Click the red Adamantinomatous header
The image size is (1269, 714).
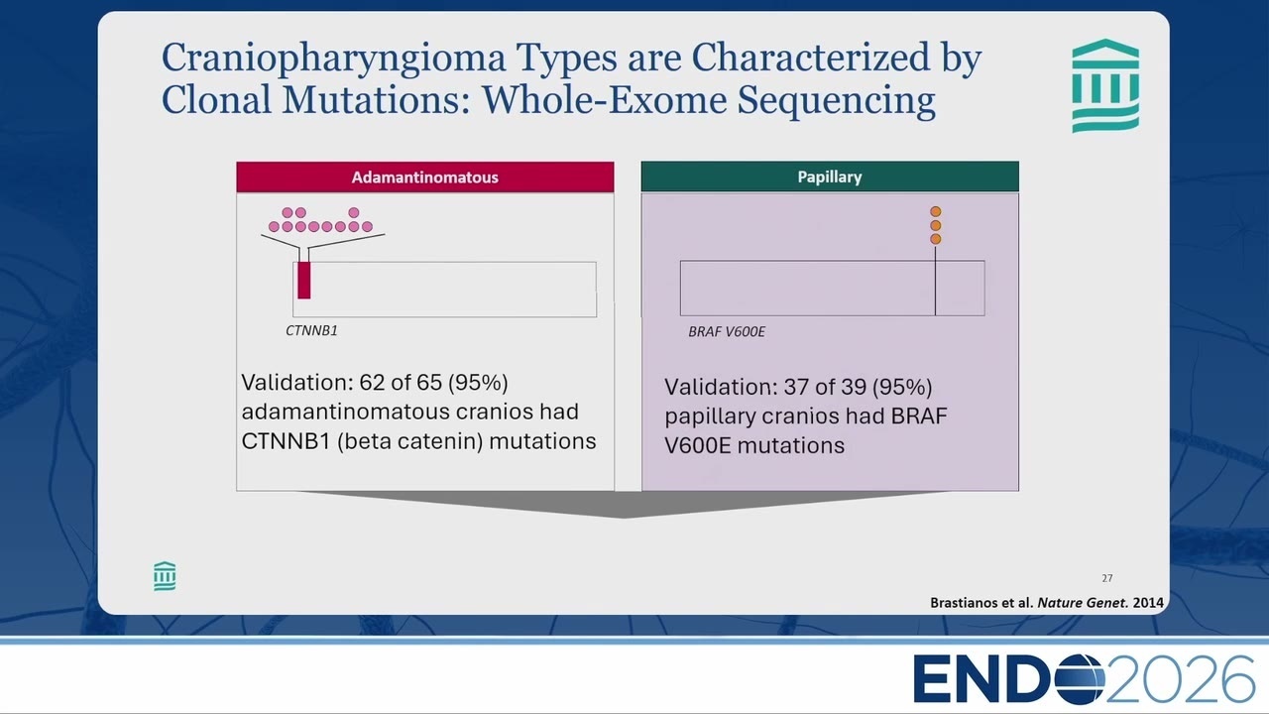click(x=425, y=177)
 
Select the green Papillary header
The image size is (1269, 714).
click(x=830, y=177)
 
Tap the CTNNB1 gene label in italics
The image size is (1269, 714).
click(x=311, y=330)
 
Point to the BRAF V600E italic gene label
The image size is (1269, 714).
click(x=727, y=331)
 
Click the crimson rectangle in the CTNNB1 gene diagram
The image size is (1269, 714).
click(x=304, y=280)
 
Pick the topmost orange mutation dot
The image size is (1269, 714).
click(x=935, y=211)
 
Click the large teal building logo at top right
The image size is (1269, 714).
click(x=1105, y=85)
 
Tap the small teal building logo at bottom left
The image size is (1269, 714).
click(x=165, y=576)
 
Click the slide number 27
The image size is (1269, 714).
click(x=1107, y=578)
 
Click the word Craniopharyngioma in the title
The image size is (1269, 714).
click(x=333, y=59)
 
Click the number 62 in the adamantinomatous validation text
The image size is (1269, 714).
click(x=372, y=383)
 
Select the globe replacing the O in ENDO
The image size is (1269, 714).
click(x=1080, y=679)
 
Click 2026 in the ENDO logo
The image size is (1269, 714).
click(x=1180, y=679)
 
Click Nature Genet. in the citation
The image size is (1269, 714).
click(x=1082, y=602)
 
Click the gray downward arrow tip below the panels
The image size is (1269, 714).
click(x=624, y=518)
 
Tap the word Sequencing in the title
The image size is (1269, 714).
click(x=836, y=101)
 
